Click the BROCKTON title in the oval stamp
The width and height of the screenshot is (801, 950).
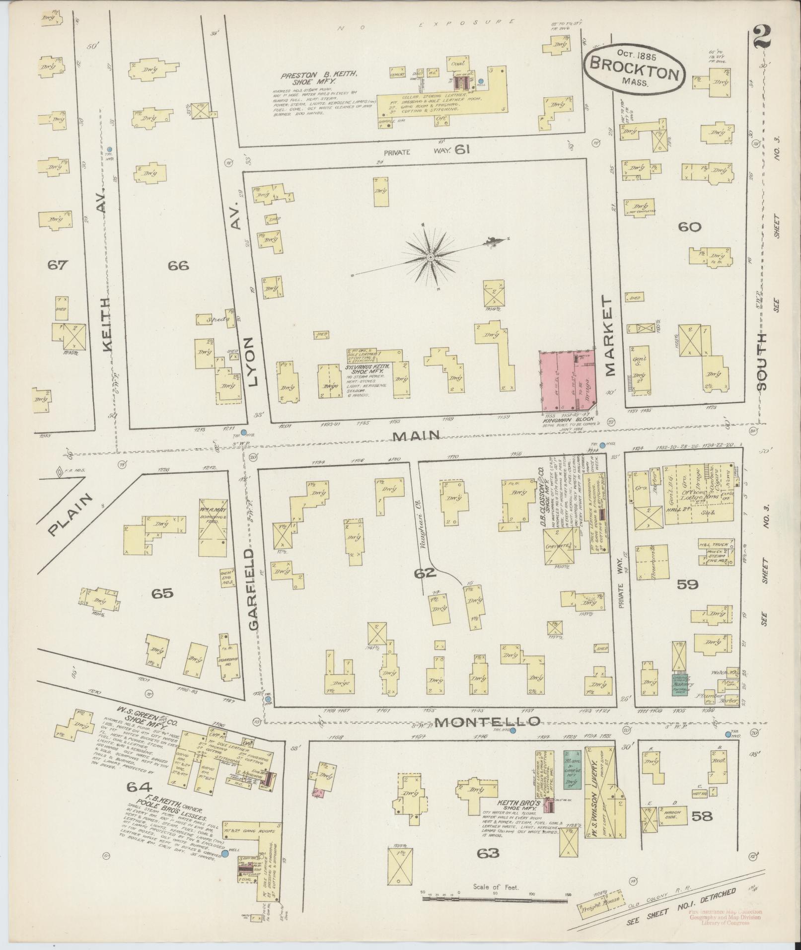[635, 70]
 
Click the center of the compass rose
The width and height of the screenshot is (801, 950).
[430, 257]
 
